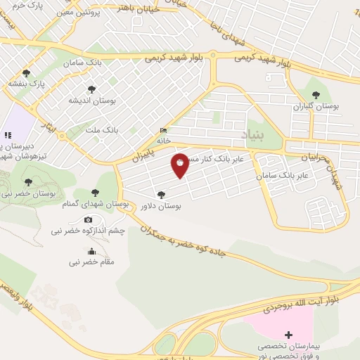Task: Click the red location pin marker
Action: tap(181, 165)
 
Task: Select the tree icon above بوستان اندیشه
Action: tap(91, 89)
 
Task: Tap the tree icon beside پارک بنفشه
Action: tap(27, 72)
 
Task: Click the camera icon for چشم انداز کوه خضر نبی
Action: tap(88, 220)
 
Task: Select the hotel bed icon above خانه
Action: tap(164, 130)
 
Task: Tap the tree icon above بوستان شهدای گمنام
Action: tap(96, 193)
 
